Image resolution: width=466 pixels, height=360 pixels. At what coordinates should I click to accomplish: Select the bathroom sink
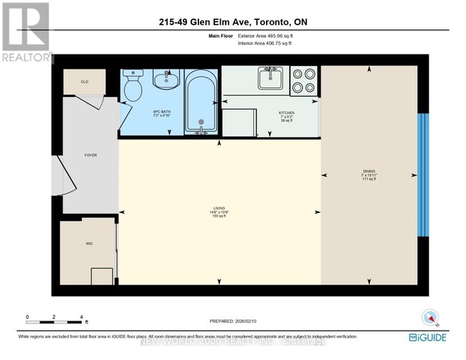[x=165, y=78]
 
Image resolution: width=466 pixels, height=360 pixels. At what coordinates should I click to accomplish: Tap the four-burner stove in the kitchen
[x=305, y=80]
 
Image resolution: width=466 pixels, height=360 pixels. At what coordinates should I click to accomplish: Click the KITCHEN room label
[x=286, y=115]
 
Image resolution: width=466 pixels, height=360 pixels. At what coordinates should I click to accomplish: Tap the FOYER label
[x=90, y=155]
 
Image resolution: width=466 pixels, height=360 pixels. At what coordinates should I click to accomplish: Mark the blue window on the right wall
[x=424, y=174]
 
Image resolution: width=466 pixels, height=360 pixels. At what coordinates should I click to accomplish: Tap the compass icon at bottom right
[x=429, y=319]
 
